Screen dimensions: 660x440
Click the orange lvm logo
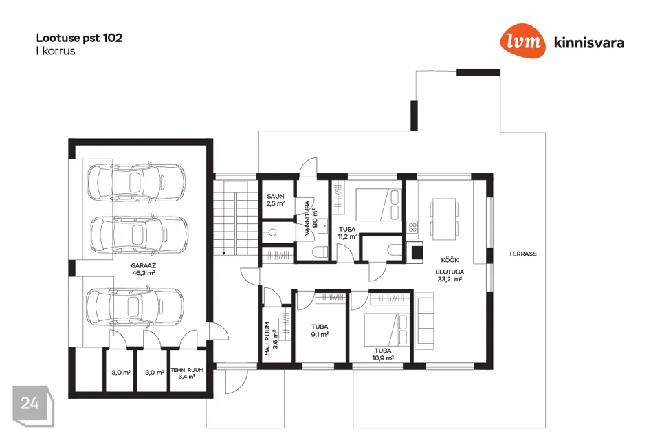click(522, 41)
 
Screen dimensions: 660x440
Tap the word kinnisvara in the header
click(589, 43)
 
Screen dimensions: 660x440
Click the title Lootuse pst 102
click(79, 38)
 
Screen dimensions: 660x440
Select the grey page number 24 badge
click(33, 406)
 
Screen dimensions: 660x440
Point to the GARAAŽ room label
click(143, 265)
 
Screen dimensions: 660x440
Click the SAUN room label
click(275, 196)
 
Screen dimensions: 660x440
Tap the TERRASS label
click(522, 254)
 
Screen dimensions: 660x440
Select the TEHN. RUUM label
click(187, 370)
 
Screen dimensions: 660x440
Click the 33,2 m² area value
click(450, 278)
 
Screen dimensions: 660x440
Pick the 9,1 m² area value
click(320, 334)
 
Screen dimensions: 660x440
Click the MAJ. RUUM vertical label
click(267, 339)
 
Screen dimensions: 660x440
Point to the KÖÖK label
click(450, 260)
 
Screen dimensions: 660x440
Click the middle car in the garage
click(140, 234)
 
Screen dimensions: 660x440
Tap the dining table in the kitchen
click(445, 219)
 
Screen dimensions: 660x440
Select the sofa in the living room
click(425, 320)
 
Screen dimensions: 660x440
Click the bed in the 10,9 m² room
click(386, 330)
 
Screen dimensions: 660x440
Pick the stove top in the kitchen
click(412, 228)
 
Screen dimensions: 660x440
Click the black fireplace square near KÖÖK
click(417, 252)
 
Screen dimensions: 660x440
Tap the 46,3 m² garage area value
click(143, 273)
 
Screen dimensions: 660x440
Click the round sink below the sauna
click(272, 232)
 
